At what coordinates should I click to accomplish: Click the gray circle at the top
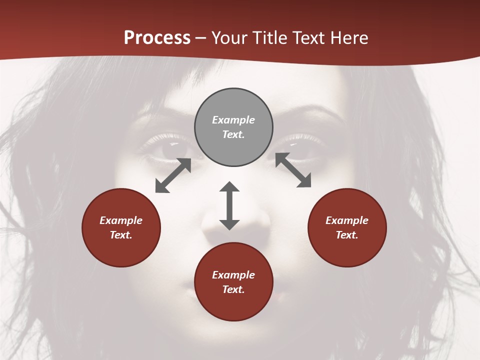[233, 127]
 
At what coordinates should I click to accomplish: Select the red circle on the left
[121, 227]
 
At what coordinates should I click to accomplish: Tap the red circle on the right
[347, 227]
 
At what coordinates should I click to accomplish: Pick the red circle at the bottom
[233, 282]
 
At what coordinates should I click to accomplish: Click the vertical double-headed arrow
[229, 206]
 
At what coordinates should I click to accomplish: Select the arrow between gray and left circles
[173, 175]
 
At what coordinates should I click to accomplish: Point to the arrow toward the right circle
[293, 170]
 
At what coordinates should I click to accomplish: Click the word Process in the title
[157, 37]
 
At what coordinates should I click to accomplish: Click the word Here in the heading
[348, 37]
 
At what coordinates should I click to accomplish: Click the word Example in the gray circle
[233, 120]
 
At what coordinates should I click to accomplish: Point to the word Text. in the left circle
[121, 235]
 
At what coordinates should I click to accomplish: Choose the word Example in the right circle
[347, 220]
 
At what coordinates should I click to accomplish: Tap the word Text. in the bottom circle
[233, 289]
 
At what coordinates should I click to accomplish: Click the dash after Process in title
[201, 38]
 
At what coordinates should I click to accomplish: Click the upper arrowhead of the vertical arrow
[229, 187]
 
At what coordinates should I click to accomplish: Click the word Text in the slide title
[308, 37]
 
